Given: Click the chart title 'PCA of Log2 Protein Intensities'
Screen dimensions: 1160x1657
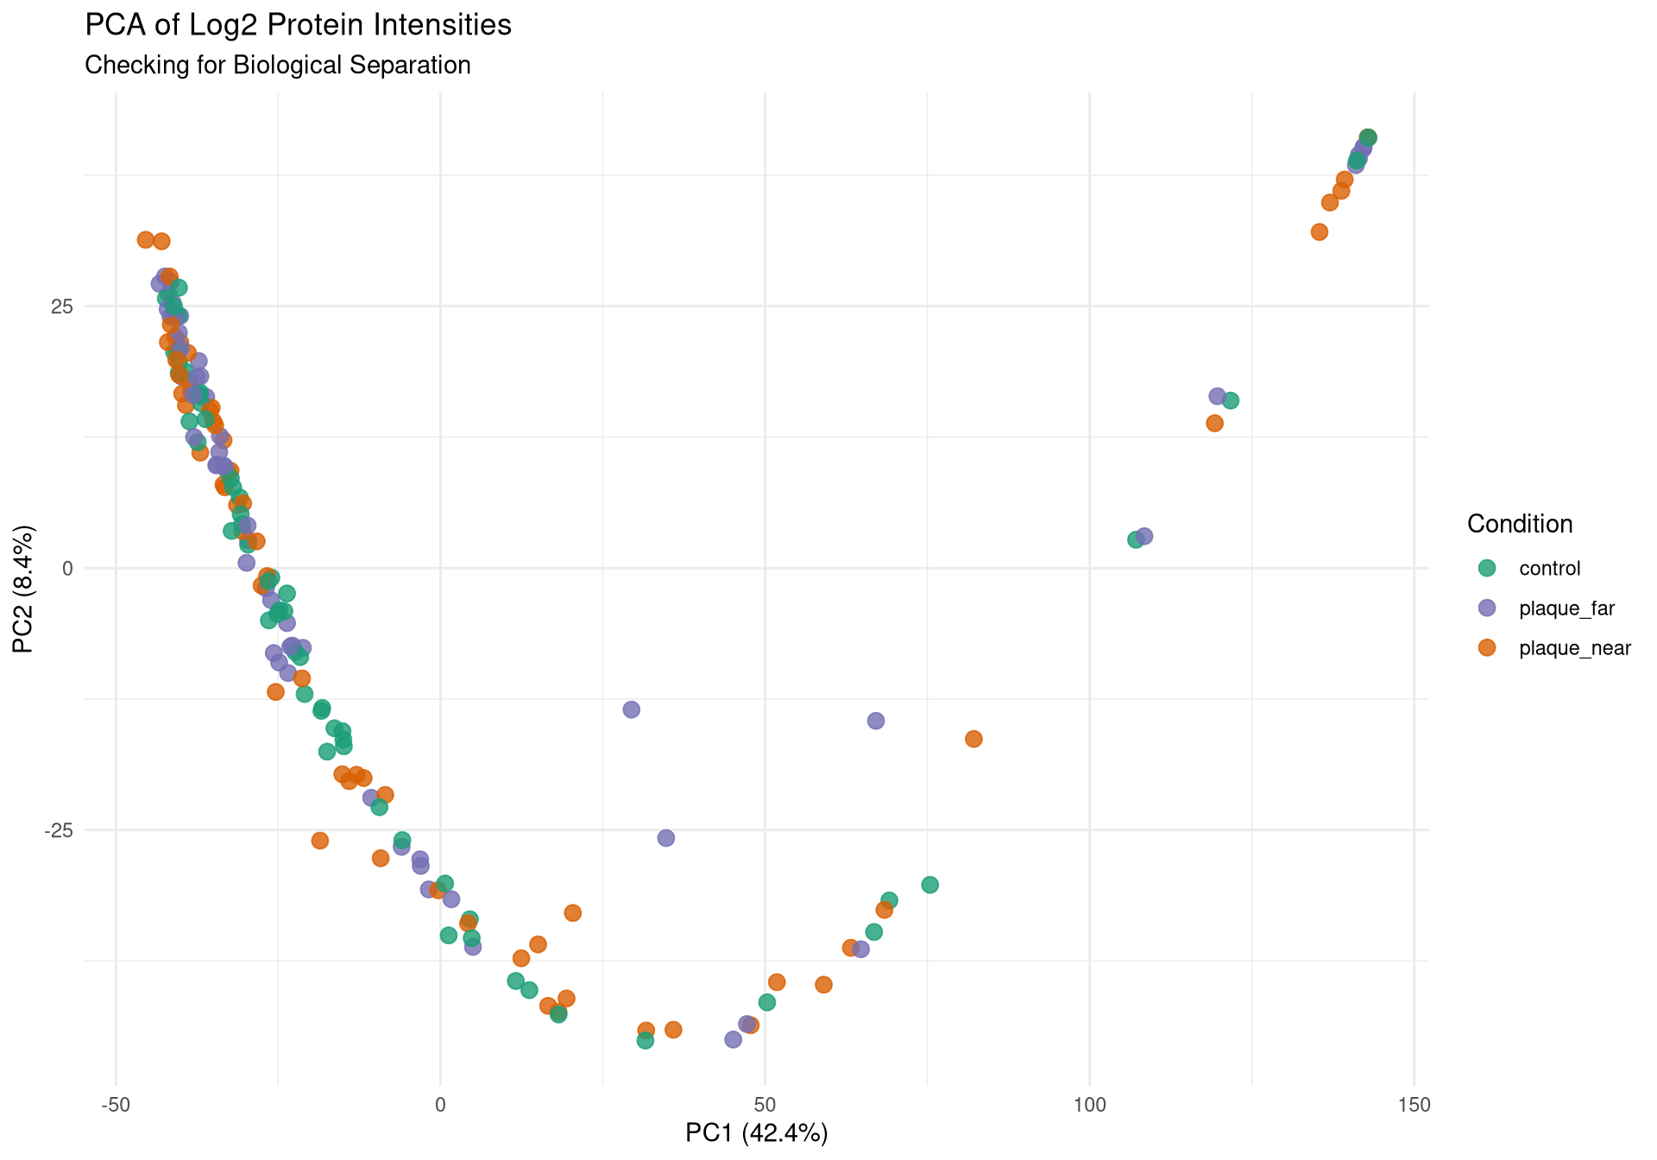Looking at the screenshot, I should (298, 25).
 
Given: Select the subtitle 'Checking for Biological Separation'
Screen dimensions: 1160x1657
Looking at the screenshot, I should (277, 66).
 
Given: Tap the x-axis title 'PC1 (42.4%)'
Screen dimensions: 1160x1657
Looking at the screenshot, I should (756, 1133).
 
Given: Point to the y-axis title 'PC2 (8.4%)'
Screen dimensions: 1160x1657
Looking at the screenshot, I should (24, 589).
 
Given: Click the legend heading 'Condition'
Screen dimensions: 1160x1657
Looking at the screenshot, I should (1519, 524).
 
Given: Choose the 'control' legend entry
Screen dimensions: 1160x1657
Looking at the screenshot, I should (1549, 569).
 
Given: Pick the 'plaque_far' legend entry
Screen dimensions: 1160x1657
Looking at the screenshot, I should (1566, 608).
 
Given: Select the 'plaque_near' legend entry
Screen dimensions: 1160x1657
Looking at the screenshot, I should (1574, 649).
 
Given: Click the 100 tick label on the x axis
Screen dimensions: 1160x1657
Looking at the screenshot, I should (1089, 1105).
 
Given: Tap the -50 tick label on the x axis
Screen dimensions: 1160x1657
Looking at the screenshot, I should (116, 1105).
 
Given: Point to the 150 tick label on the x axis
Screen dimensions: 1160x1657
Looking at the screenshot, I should (1414, 1105).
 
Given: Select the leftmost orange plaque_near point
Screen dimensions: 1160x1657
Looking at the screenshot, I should (145, 240).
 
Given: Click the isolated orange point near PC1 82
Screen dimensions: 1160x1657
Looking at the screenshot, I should (973, 739).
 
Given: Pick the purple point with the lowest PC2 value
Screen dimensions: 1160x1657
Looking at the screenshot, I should (733, 1039).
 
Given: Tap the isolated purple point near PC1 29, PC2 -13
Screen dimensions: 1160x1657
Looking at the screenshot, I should (631, 709).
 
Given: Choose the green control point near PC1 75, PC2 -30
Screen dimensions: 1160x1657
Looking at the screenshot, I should (929, 885).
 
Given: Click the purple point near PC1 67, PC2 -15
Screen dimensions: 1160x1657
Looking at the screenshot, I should (875, 721).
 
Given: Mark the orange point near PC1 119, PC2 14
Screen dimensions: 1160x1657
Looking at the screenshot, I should (1214, 423).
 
